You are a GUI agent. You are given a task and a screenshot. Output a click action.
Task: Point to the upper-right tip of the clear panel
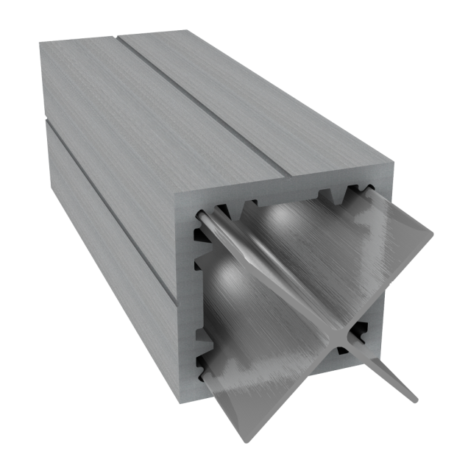click(432, 236)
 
